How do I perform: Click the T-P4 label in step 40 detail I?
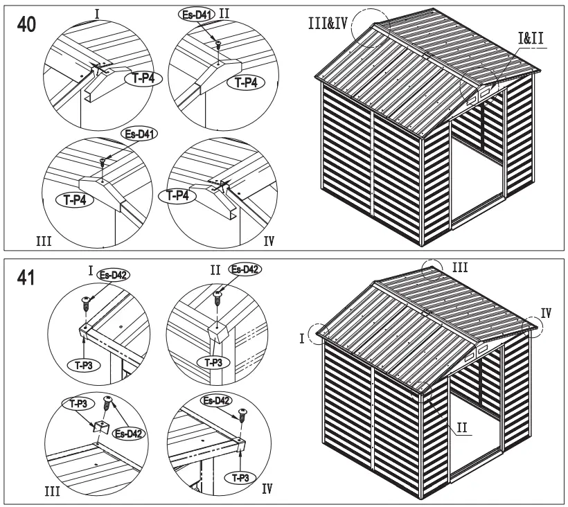click(143, 80)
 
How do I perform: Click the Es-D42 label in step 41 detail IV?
click(215, 401)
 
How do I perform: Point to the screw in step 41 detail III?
click(108, 402)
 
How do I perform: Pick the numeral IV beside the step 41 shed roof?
click(546, 312)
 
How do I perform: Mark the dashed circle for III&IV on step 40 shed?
click(371, 28)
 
